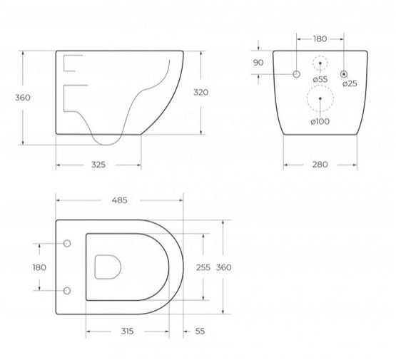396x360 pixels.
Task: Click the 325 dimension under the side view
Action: [98, 165]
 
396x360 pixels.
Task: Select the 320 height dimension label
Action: [201, 93]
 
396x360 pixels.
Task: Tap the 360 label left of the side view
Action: [23, 98]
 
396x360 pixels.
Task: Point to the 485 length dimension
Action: [120, 200]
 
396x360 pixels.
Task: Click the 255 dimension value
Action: [203, 267]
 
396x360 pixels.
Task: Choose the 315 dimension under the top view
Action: [127, 331]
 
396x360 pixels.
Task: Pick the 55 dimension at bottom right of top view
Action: [200, 331]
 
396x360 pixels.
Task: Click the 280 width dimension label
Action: [320, 165]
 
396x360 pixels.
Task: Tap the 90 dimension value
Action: [258, 63]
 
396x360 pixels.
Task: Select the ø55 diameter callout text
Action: [320, 79]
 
